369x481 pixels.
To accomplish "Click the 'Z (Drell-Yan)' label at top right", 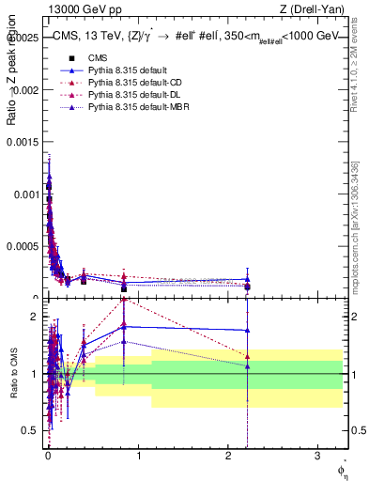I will coord(317,9).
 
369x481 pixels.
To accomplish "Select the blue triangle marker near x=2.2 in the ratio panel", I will coord(248,330).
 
